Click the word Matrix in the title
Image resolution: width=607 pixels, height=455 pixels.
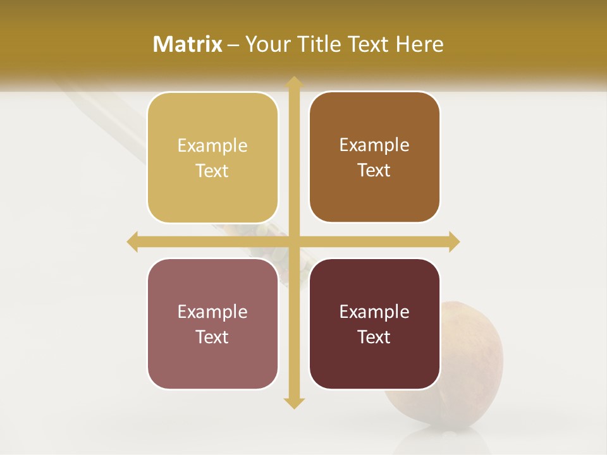click(188, 44)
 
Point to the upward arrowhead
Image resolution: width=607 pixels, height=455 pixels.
click(293, 82)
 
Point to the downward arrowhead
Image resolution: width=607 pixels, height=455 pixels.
click(293, 403)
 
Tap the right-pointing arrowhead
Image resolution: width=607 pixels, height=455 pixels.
click(453, 241)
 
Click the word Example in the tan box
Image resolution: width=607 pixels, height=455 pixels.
click(212, 146)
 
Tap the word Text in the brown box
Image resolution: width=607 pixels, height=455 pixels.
click(374, 170)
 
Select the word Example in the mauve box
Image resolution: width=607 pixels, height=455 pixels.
click(212, 312)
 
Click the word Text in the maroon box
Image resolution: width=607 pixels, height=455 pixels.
click(374, 337)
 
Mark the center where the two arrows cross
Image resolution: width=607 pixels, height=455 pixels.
click(293, 241)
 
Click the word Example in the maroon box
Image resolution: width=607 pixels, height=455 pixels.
click(374, 312)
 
